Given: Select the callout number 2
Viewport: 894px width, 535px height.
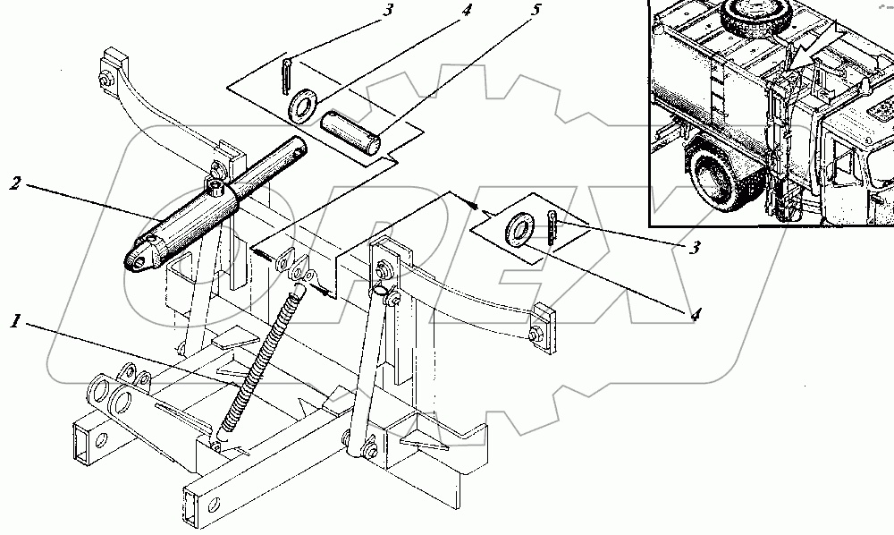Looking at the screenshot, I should (15, 185).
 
